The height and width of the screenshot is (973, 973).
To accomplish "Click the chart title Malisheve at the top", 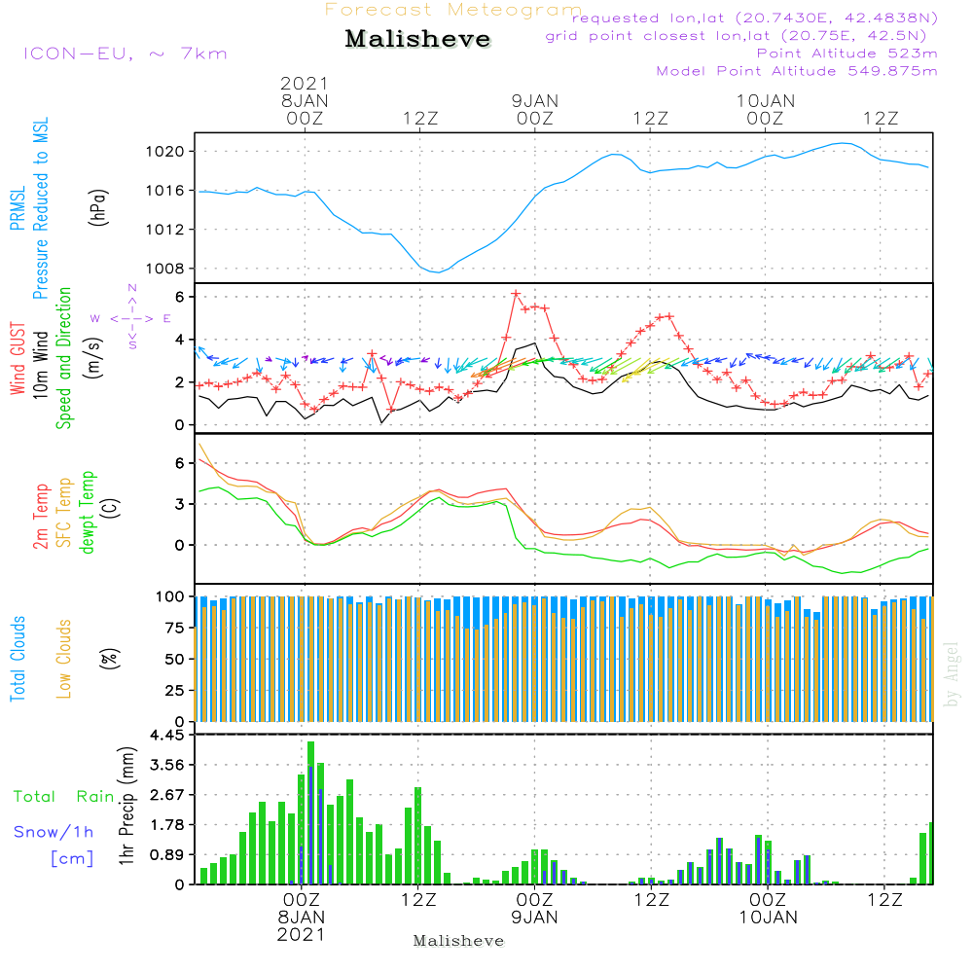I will click(417, 39).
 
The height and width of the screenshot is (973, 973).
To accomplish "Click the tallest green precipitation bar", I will click(310, 812).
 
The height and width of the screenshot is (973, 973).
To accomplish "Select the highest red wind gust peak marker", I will click(516, 294).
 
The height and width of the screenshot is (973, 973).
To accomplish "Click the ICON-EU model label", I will click(125, 54).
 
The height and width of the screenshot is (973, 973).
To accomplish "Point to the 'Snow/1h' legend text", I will click(54, 832).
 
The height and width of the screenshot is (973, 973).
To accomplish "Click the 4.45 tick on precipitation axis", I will click(166, 736).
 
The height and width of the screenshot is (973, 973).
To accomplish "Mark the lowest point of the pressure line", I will click(438, 271).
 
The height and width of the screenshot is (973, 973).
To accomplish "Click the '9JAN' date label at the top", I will click(534, 100).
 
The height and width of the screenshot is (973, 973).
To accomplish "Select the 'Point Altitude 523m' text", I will click(847, 54).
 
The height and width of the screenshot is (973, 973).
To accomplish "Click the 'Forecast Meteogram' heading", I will click(453, 10).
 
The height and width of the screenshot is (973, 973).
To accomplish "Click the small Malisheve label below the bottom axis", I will click(458, 941).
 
